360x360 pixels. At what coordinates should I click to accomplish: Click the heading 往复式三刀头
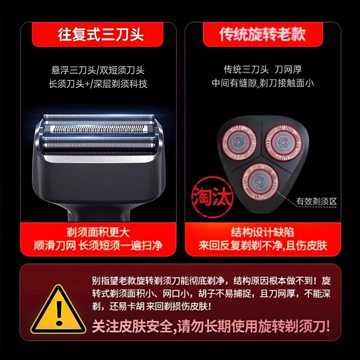[101, 34]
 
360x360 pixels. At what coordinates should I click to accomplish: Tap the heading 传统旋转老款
[262, 34]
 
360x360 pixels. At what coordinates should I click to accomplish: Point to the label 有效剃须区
[316, 201]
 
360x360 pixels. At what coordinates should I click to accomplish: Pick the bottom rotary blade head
[260, 182]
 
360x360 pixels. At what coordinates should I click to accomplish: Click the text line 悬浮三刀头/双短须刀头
[98, 70]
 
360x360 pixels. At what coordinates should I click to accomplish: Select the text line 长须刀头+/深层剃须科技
[98, 84]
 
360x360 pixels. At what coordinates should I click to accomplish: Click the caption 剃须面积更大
[98, 233]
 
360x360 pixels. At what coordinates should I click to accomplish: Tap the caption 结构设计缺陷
[262, 233]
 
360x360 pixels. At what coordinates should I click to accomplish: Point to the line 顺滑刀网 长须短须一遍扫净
[98, 245]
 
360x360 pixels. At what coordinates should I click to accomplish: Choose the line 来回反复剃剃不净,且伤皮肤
[263, 245]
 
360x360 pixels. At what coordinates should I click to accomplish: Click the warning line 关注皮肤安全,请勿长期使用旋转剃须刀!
[211, 327]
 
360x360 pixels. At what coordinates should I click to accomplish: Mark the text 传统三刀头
[246, 70]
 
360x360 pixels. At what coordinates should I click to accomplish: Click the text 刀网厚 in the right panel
[288, 70]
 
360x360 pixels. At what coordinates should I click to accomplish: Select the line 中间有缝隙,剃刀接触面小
[263, 83]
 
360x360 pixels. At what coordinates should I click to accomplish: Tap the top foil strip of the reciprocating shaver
[98, 119]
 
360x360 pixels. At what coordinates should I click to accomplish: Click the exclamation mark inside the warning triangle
[59, 313]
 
